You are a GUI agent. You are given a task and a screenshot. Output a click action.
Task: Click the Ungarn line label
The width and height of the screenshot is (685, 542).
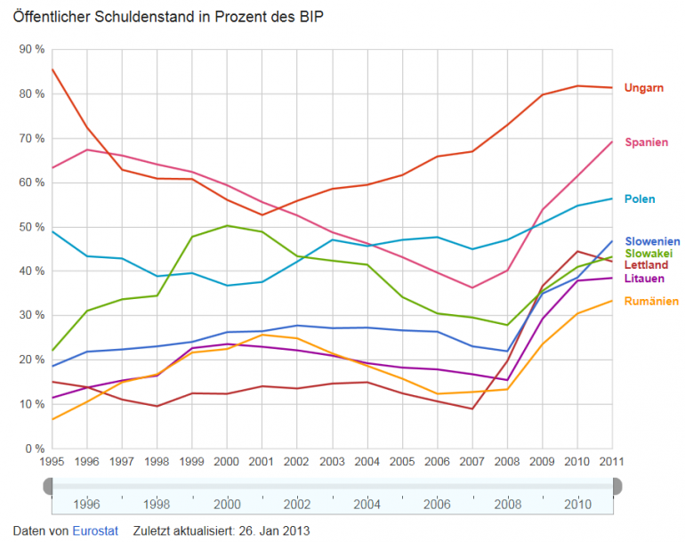[x=644, y=87]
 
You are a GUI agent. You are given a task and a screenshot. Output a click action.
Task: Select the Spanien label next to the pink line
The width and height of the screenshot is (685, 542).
[x=647, y=142]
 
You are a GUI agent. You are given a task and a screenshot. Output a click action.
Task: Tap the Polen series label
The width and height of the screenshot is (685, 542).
[x=641, y=198]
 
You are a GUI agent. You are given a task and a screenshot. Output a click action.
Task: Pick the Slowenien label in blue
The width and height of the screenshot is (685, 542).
[x=652, y=241]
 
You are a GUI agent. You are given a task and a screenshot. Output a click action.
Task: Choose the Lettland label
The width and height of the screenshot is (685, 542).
[x=647, y=265]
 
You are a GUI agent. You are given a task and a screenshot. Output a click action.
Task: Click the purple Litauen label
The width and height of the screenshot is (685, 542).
[x=645, y=278]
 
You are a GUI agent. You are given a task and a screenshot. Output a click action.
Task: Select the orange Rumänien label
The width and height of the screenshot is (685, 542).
[x=651, y=301]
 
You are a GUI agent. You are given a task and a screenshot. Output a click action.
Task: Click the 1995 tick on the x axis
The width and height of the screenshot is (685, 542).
[x=52, y=461]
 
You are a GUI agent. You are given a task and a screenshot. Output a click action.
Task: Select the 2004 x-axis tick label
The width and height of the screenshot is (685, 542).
[x=367, y=461]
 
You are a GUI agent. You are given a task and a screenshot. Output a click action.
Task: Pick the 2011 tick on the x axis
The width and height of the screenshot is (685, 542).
[x=611, y=461]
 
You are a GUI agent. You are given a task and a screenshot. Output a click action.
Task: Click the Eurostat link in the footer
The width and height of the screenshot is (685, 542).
[x=94, y=530]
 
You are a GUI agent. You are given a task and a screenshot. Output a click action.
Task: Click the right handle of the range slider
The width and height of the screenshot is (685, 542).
[x=616, y=485]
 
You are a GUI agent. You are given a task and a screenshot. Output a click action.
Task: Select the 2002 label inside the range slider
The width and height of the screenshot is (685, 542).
[x=297, y=504]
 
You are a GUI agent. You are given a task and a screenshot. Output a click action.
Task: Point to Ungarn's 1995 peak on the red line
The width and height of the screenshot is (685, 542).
[x=52, y=69]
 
